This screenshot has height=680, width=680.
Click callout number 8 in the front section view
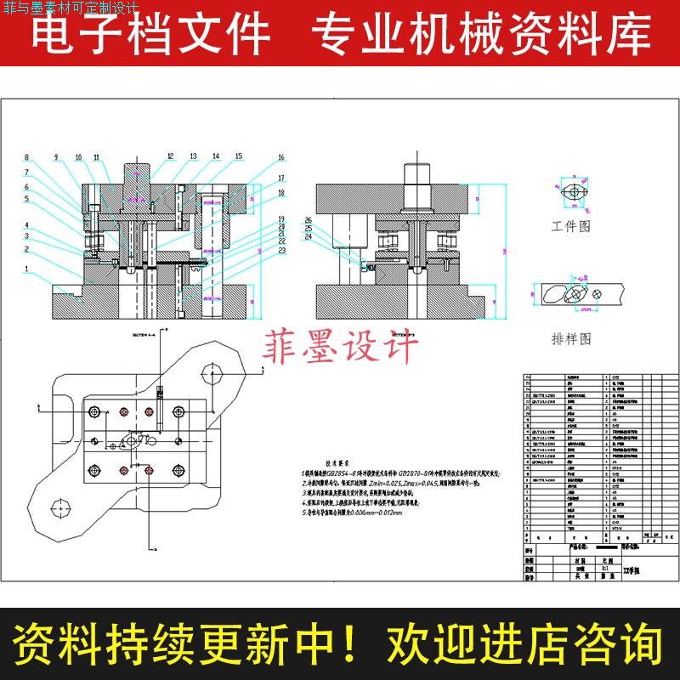pyautogui.click(x=26, y=157)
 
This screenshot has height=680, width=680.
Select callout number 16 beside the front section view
pyautogui.click(x=280, y=158)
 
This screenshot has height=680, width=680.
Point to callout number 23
pyautogui.click(x=280, y=251)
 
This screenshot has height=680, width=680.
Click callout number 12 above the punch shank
pyautogui.click(x=170, y=157)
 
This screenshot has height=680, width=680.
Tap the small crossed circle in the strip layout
pyautogui.click(x=598, y=294)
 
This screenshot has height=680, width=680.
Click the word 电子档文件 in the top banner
pyautogui.click(x=150, y=35)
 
